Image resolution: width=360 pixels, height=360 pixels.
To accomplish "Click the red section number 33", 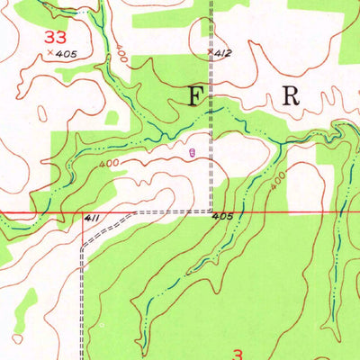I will click(x=54, y=37).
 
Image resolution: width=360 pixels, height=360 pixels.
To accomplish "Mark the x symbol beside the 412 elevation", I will click(x=210, y=52).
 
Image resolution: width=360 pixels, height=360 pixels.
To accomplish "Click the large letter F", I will click(x=196, y=97).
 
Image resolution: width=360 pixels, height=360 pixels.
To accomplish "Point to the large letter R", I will click(x=291, y=96).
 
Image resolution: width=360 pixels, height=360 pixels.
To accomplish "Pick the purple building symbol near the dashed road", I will click(x=191, y=153).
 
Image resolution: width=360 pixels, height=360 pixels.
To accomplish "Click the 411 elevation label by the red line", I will click(x=91, y=219).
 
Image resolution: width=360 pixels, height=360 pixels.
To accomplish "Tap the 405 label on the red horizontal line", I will click(x=223, y=217).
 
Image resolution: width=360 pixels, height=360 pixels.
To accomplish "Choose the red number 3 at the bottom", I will click(x=238, y=354).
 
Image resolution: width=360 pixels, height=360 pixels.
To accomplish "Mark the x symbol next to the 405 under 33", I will click(x=49, y=54).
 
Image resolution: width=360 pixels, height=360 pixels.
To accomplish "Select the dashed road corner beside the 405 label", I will click(x=210, y=210).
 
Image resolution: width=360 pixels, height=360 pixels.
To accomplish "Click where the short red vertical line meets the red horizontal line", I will click(x=82, y=214).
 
